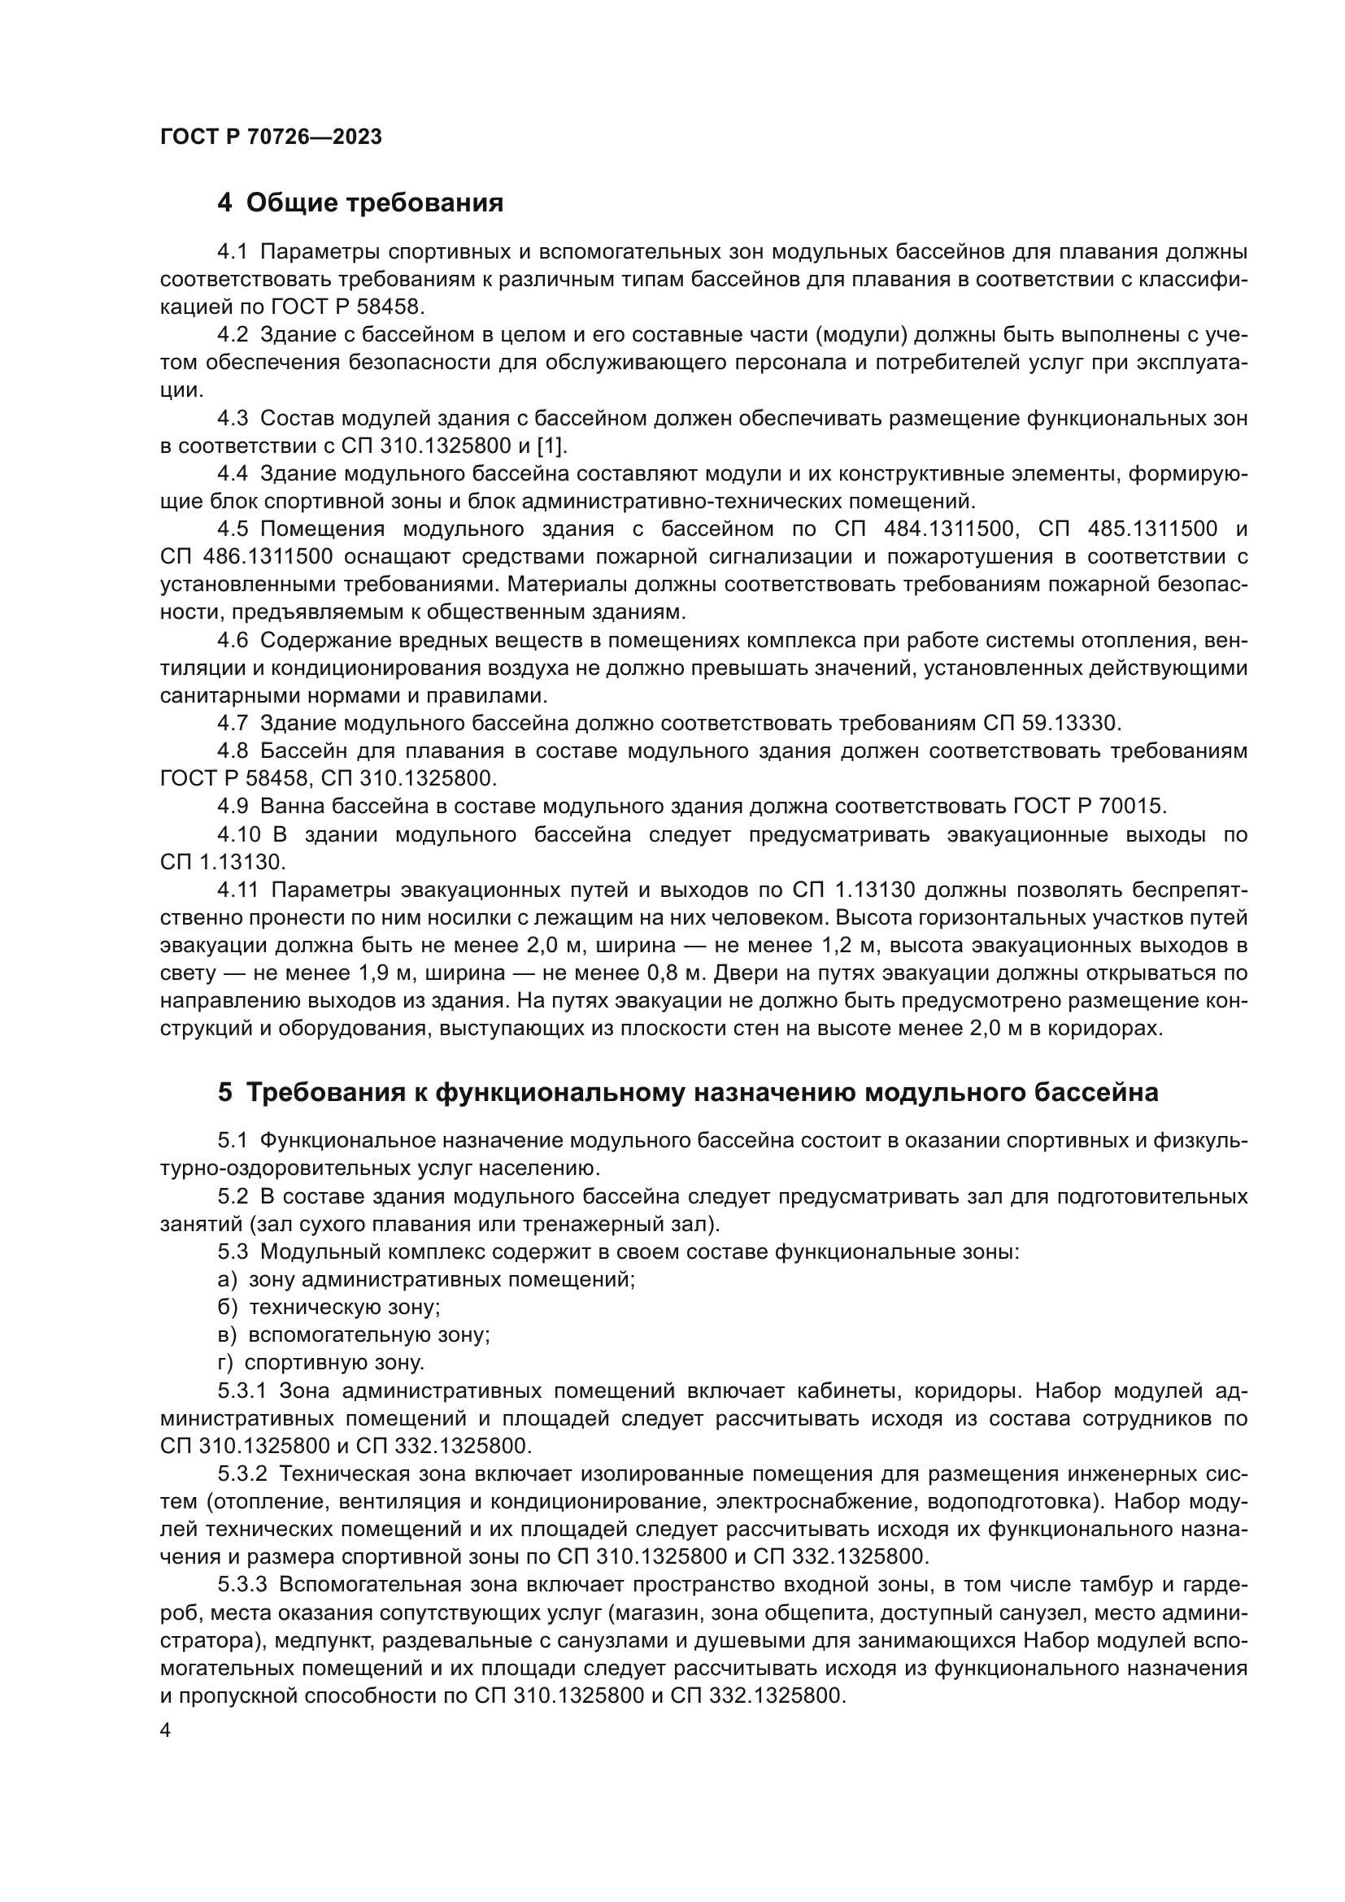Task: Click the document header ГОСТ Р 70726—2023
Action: click(x=271, y=137)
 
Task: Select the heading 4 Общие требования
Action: click(x=360, y=203)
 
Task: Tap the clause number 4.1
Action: click(x=232, y=252)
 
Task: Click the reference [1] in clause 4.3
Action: click(x=551, y=446)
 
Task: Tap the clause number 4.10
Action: click(x=238, y=835)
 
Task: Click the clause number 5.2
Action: click(x=232, y=1197)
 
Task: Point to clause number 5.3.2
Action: click(x=242, y=1474)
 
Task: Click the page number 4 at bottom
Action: click(x=166, y=1731)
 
